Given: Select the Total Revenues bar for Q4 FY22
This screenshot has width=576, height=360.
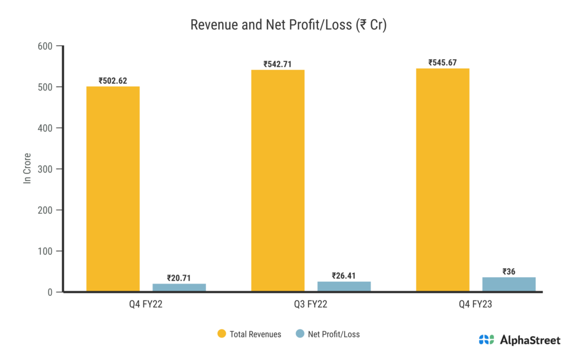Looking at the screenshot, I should [112, 189].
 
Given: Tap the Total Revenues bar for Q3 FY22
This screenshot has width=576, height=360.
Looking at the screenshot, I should [278, 181].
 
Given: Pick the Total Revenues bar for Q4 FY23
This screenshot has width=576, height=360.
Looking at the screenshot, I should [443, 180].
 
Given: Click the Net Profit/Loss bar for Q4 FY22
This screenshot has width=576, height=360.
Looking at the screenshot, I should [179, 287].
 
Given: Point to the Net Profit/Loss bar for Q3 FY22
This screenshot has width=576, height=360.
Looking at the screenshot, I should [344, 286].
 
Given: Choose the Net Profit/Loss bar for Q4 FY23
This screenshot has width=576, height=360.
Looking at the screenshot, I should [509, 284].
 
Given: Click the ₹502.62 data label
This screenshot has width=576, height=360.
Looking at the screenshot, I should [112, 80].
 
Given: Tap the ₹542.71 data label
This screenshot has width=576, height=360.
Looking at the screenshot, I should [278, 64].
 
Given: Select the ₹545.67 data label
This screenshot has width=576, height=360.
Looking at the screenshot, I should [443, 62].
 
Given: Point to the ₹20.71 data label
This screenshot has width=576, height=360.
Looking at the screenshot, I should [179, 277].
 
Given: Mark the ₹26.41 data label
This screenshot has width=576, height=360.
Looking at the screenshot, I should [344, 276].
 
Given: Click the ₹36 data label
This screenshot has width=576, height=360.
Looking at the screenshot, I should [509, 271].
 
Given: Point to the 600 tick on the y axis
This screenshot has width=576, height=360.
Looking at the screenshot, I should [45, 46].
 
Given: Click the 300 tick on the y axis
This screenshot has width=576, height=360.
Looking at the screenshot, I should [45, 169].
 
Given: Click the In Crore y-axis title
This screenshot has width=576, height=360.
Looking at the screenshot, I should [27, 169].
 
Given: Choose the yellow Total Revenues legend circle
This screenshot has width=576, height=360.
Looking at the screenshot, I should [222, 334].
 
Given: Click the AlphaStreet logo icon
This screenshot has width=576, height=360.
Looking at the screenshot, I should [487, 340].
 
